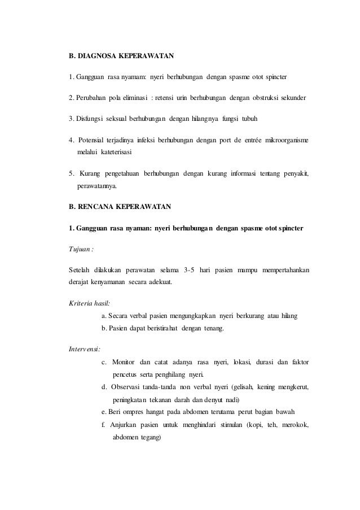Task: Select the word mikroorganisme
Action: click(288, 138)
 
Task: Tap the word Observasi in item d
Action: click(129, 387)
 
